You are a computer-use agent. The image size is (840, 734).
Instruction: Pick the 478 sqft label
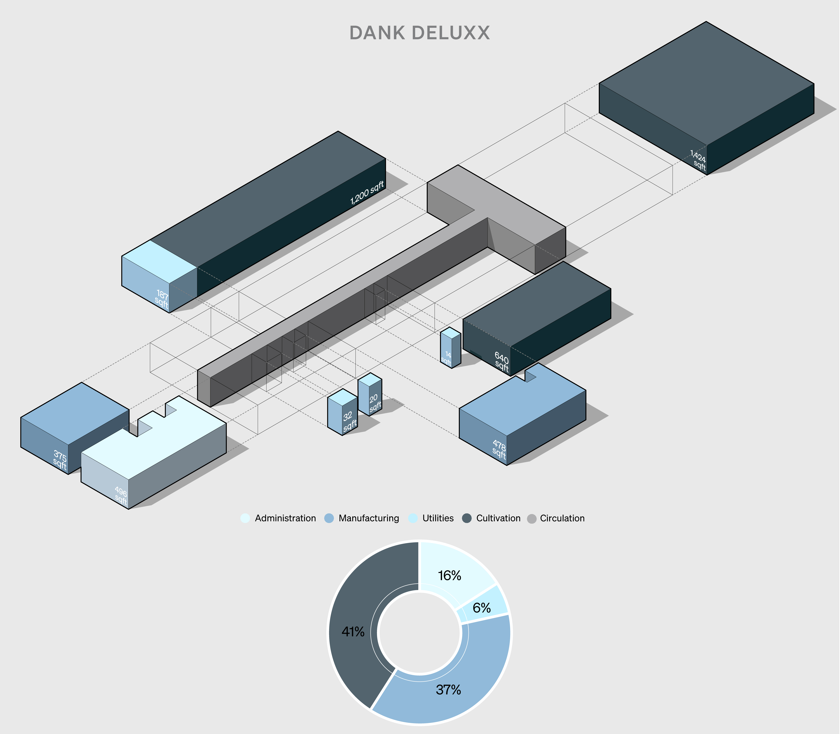(x=499, y=449)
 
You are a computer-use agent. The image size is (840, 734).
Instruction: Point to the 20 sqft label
(x=375, y=403)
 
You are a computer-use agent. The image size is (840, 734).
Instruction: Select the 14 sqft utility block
(x=450, y=348)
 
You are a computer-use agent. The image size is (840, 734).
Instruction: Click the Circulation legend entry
(x=556, y=518)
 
